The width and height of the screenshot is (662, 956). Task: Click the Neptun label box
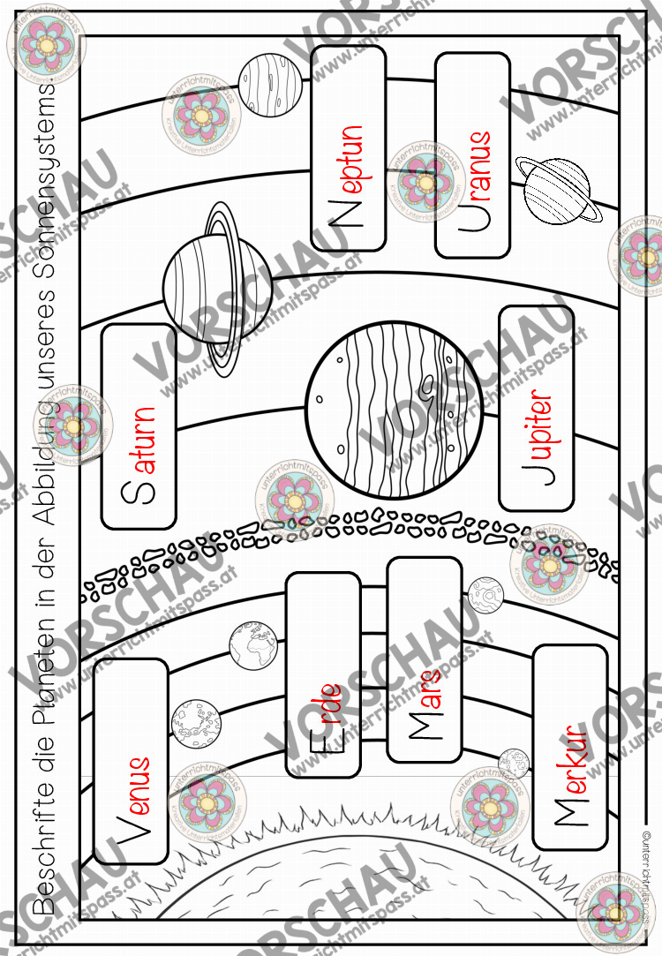coord(349,148)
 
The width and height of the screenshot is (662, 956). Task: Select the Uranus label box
coord(472,154)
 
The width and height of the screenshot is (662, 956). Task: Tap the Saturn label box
coord(139,426)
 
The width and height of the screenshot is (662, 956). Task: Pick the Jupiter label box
coord(537,408)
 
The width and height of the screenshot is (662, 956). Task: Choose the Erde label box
coord(324,675)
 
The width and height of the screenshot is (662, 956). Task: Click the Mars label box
coord(425,659)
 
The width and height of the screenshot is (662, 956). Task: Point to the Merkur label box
coord(570,748)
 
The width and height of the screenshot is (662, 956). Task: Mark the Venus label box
coord(131,762)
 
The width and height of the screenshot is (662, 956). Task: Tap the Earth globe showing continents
coord(253,645)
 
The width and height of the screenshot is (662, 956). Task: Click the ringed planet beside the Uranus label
coord(558,190)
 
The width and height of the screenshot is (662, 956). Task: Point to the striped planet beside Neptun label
coord(270,84)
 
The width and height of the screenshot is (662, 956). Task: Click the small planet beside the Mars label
coord(485,594)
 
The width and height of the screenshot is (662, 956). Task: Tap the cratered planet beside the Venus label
coord(196,723)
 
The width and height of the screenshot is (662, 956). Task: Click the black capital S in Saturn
coord(139,492)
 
